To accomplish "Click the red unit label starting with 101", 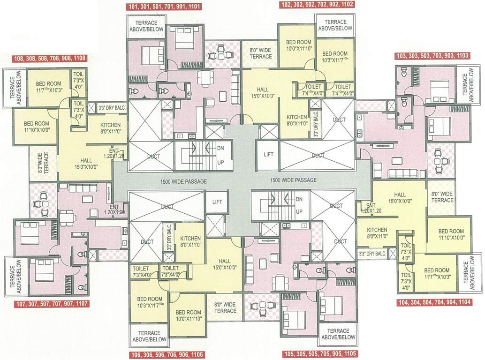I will pyautogui.click(x=164, y=7).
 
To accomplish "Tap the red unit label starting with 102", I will pyautogui.click(x=317, y=5).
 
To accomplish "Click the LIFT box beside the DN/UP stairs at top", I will pyautogui.click(x=268, y=154).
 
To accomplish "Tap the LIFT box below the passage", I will pyautogui.click(x=217, y=202).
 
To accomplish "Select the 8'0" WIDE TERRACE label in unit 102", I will pyautogui.click(x=260, y=53).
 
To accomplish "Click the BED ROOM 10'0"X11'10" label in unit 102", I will pyautogui.click(x=299, y=45).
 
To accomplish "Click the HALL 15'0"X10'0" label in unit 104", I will pyautogui.click(x=400, y=198).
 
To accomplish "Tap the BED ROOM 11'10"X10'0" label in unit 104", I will pyautogui.click(x=451, y=234).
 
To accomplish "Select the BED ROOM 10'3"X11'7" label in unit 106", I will pyautogui.click(x=150, y=302).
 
